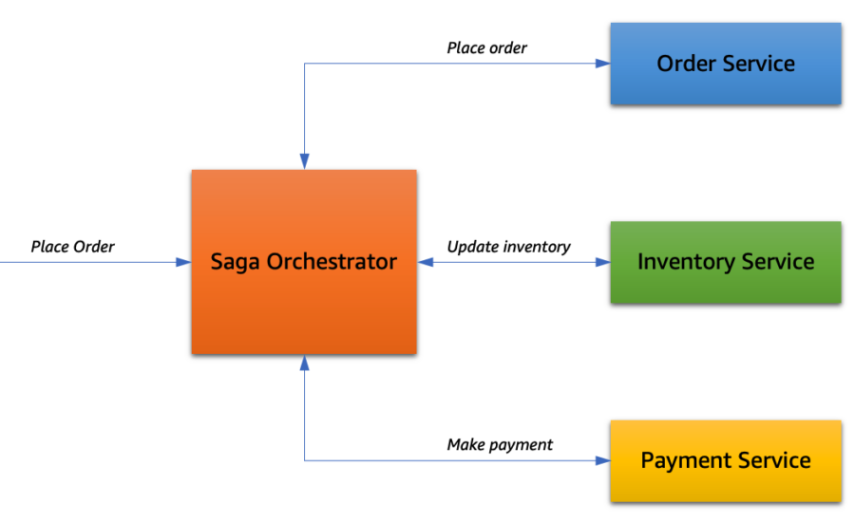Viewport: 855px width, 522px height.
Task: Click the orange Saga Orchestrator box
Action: click(304, 262)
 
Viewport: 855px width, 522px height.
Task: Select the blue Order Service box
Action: click(726, 64)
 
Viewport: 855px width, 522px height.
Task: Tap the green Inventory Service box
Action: click(726, 262)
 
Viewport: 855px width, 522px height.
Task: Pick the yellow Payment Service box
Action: click(726, 461)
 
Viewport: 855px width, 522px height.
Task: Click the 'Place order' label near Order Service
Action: click(487, 48)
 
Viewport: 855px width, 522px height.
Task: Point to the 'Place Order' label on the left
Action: click(72, 247)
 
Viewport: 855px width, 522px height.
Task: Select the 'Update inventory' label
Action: click(509, 248)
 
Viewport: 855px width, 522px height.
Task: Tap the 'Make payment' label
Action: click(500, 445)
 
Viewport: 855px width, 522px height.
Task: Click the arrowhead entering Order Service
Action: click(603, 64)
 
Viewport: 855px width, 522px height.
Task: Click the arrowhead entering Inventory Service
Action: click(603, 262)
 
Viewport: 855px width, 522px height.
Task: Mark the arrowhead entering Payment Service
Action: click(603, 461)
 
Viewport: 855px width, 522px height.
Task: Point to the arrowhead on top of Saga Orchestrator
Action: click(304, 162)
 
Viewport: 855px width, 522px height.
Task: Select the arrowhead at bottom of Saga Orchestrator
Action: click(304, 363)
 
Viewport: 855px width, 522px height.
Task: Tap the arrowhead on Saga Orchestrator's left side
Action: click(183, 262)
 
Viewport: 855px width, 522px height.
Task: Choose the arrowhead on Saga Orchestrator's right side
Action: click(426, 262)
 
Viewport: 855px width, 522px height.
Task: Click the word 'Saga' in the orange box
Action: click(235, 263)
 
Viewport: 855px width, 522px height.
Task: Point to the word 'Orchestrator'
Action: click(332, 262)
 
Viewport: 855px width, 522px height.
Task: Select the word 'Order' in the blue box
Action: click(688, 64)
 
